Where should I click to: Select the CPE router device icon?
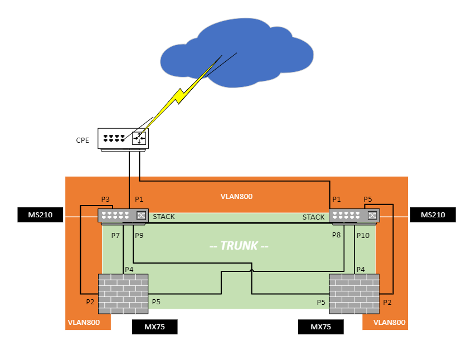pyautogui.click(x=124, y=139)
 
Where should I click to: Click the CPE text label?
pyautogui.click(x=82, y=140)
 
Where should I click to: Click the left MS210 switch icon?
pyautogui.click(x=123, y=216)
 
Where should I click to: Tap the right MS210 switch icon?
pyautogui.click(x=354, y=216)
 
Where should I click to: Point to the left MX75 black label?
pyautogui.click(x=154, y=327)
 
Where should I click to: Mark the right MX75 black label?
pyautogui.click(x=320, y=327)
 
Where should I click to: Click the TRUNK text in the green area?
pyautogui.click(x=239, y=246)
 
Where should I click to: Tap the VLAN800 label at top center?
pyautogui.click(x=236, y=197)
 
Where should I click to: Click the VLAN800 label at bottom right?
pyautogui.click(x=389, y=322)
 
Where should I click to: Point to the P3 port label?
pyautogui.click(x=105, y=200)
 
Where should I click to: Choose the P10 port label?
pyautogui.click(x=363, y=236)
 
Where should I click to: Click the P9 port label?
pyautogui.click(x=139, y=236)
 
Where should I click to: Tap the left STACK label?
pyautogui.click(x=164, y=217)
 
